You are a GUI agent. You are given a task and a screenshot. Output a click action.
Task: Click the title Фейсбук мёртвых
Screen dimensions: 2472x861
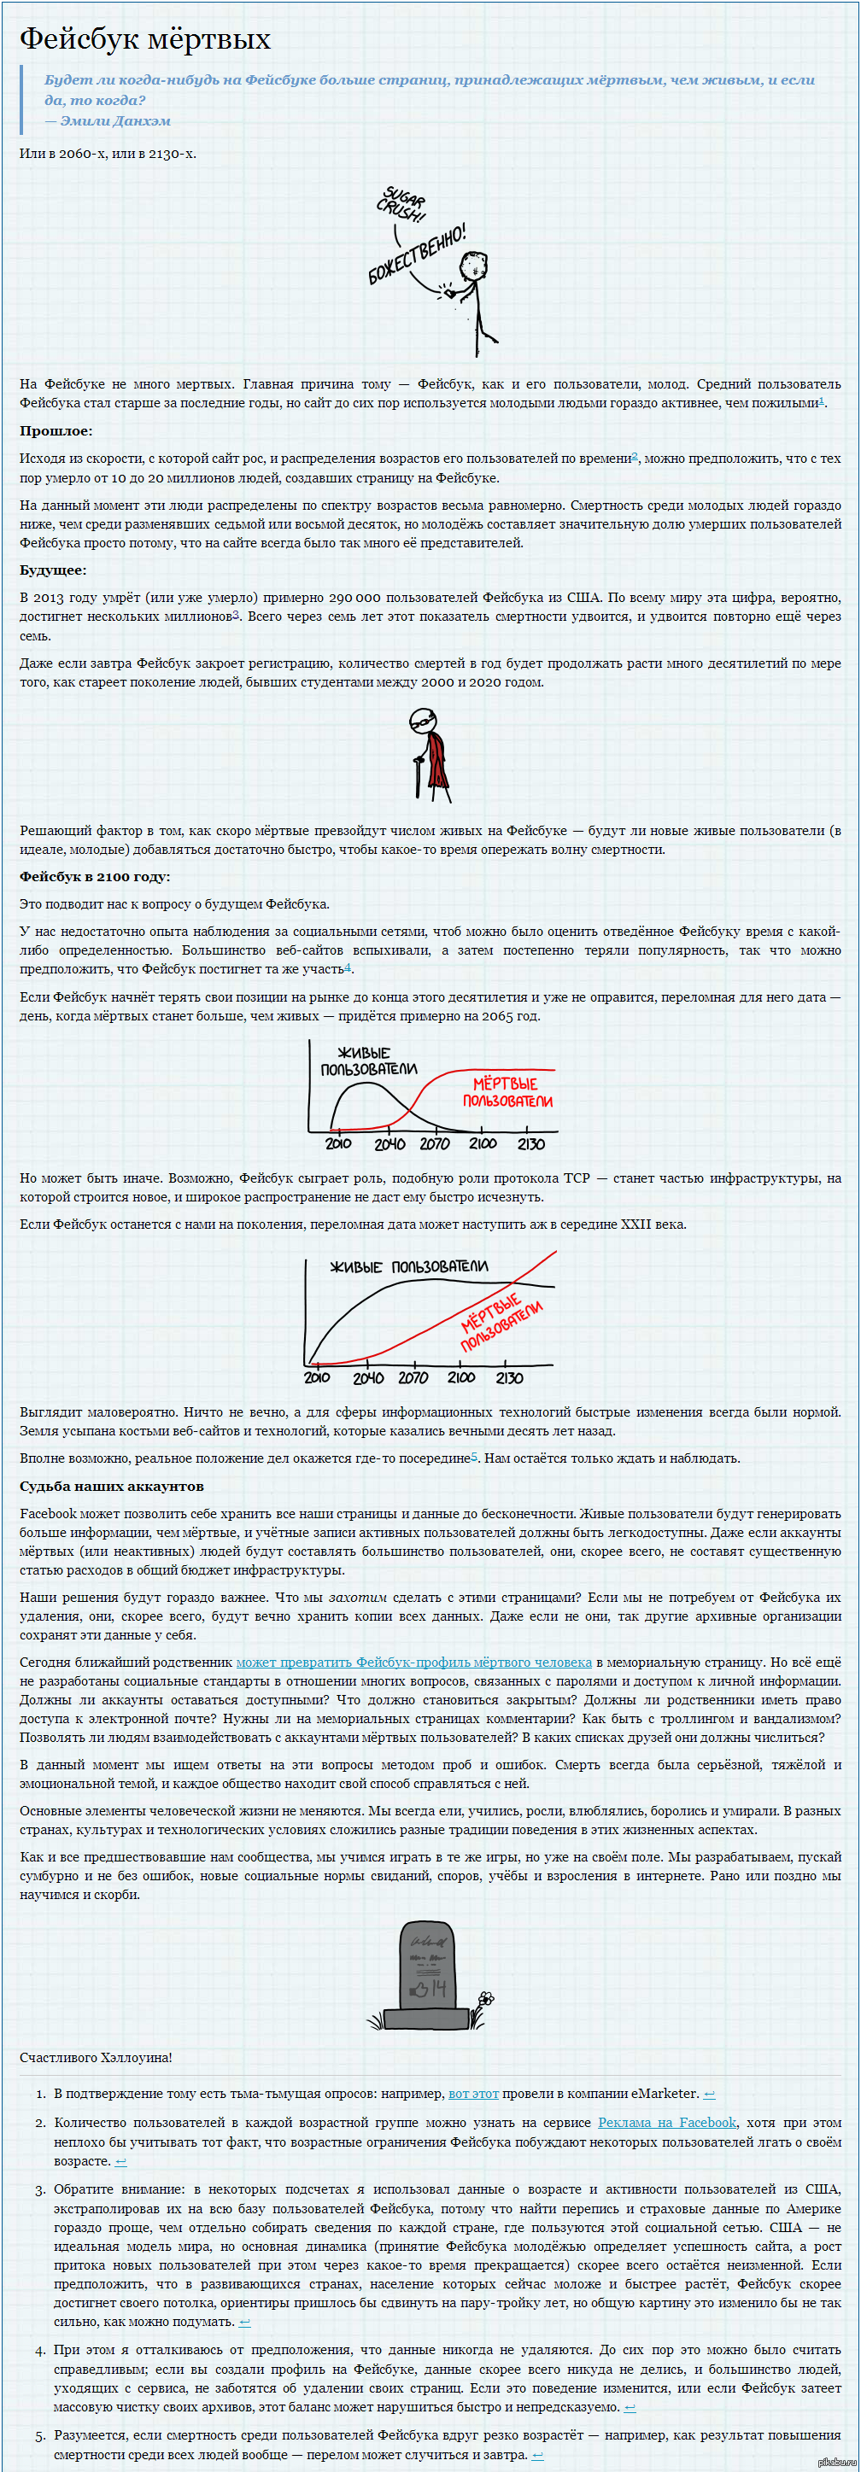[145, 39]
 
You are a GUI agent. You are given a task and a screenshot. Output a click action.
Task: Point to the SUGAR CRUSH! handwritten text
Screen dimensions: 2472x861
[402, 204]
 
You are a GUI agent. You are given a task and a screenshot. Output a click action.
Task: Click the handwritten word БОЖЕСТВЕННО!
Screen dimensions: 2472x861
[417, 254]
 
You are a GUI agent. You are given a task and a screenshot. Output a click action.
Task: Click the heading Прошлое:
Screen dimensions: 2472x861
[56, 431]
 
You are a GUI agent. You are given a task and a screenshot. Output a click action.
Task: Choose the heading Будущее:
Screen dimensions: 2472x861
[53, 570]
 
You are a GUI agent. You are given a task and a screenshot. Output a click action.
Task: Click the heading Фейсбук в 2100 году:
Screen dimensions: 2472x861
[94, 876]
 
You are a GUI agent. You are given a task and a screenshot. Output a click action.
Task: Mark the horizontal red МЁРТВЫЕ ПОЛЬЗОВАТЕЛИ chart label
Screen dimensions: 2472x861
[507, 1092]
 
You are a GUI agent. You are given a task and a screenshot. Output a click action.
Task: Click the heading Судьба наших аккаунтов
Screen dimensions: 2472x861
[111, 1486]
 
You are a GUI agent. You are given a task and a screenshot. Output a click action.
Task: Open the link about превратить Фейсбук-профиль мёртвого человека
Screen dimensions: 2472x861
[413, 1661]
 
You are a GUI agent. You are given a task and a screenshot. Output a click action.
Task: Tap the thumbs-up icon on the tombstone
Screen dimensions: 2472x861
[419, 1990]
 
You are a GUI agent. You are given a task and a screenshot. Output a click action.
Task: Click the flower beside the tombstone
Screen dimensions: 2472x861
[486, 1999]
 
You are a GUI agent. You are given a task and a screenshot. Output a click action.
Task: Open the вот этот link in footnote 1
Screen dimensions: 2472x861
[473, 2093]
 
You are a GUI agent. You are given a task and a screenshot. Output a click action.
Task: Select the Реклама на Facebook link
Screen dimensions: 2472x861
[666, 2122]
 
